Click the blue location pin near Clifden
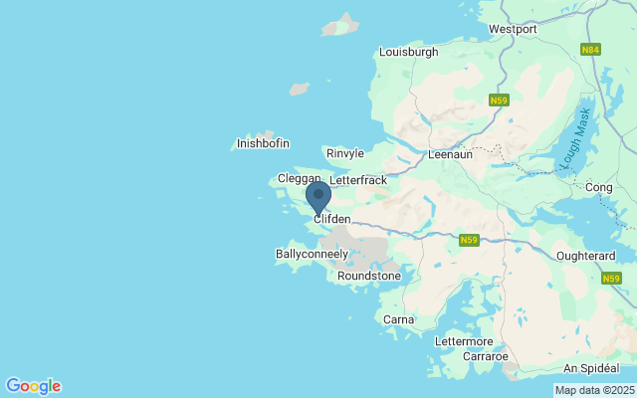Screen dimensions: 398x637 [318, 197]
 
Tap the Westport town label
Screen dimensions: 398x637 [513, 29]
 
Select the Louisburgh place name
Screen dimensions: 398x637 [408, 52]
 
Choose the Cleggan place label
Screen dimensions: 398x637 [299, 178]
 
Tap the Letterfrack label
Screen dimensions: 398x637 [357, 181]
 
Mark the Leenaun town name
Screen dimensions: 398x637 [450, 155]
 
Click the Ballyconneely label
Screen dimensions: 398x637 [312, 255]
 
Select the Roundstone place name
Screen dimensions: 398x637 [369, 276]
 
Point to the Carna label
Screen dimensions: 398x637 [398, 319]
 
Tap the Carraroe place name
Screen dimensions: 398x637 [486, 355]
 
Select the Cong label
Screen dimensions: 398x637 [600, 187]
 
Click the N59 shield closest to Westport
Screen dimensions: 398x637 [500, 100]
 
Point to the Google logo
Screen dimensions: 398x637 [33, 386]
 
